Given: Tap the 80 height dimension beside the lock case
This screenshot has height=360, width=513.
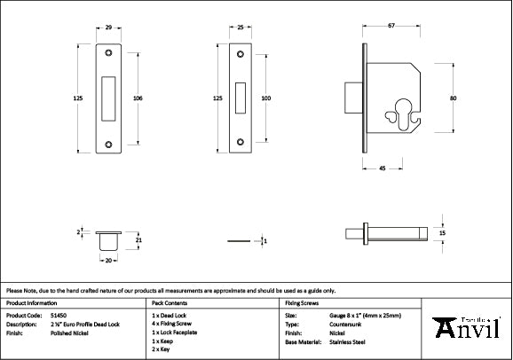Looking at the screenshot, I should click(x=453, y=98).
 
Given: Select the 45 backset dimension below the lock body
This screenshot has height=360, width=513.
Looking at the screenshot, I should click(x=380, y=167).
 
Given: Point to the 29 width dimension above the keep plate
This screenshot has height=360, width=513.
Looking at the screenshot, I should click(x=108, y=28).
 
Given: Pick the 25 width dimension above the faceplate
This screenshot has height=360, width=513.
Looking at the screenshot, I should click(x=241, y=28).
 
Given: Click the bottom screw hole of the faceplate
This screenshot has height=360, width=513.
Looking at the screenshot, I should click(x=241, y=141).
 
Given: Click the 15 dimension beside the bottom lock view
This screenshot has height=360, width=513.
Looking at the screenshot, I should click(x=442, y=232).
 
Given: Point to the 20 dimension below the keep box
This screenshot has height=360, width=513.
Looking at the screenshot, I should click(x=107, y=261).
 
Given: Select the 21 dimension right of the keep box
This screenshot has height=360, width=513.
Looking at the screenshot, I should click(x=138, y=239).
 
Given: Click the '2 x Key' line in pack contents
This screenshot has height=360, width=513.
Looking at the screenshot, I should click(x=162, y=348).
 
